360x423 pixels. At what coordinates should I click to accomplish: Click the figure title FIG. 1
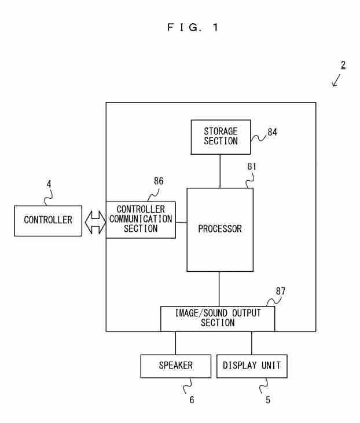[x=193, y=27]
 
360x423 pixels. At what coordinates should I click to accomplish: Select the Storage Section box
[x=221, y=137]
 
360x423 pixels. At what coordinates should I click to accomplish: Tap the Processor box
[x=220, y=229]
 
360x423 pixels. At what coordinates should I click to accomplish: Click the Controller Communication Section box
[x=141, y=220]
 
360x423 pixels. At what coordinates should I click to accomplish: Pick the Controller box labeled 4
[x=48, y=221]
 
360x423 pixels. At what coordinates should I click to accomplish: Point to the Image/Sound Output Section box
[x=218, y=319]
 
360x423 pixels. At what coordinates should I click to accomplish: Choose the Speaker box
[x=176, y=366]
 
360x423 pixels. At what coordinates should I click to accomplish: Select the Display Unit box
[x=252, y=366]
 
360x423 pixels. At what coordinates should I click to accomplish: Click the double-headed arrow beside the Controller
[x=95, y=223]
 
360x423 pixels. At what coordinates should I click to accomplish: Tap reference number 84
[x=272, y=132]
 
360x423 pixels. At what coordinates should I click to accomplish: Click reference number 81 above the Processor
[x=252, y=166]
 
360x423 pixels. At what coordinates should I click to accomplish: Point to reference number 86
[x=159, y=181]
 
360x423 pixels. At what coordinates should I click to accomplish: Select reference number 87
[x=281, y=291]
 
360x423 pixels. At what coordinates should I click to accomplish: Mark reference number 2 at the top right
[x=343, y=65]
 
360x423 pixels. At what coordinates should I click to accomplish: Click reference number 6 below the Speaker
[x=192, y=400]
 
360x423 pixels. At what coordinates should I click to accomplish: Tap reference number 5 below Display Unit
[x=268, y=400]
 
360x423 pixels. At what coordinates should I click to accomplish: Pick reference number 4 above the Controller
[x=49, y=184]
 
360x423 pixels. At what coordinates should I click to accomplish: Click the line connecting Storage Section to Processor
[x=220, y=171]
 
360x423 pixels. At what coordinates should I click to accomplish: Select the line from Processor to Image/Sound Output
[x=219, y=289]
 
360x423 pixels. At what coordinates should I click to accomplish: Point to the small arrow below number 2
[x=336, y=81]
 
